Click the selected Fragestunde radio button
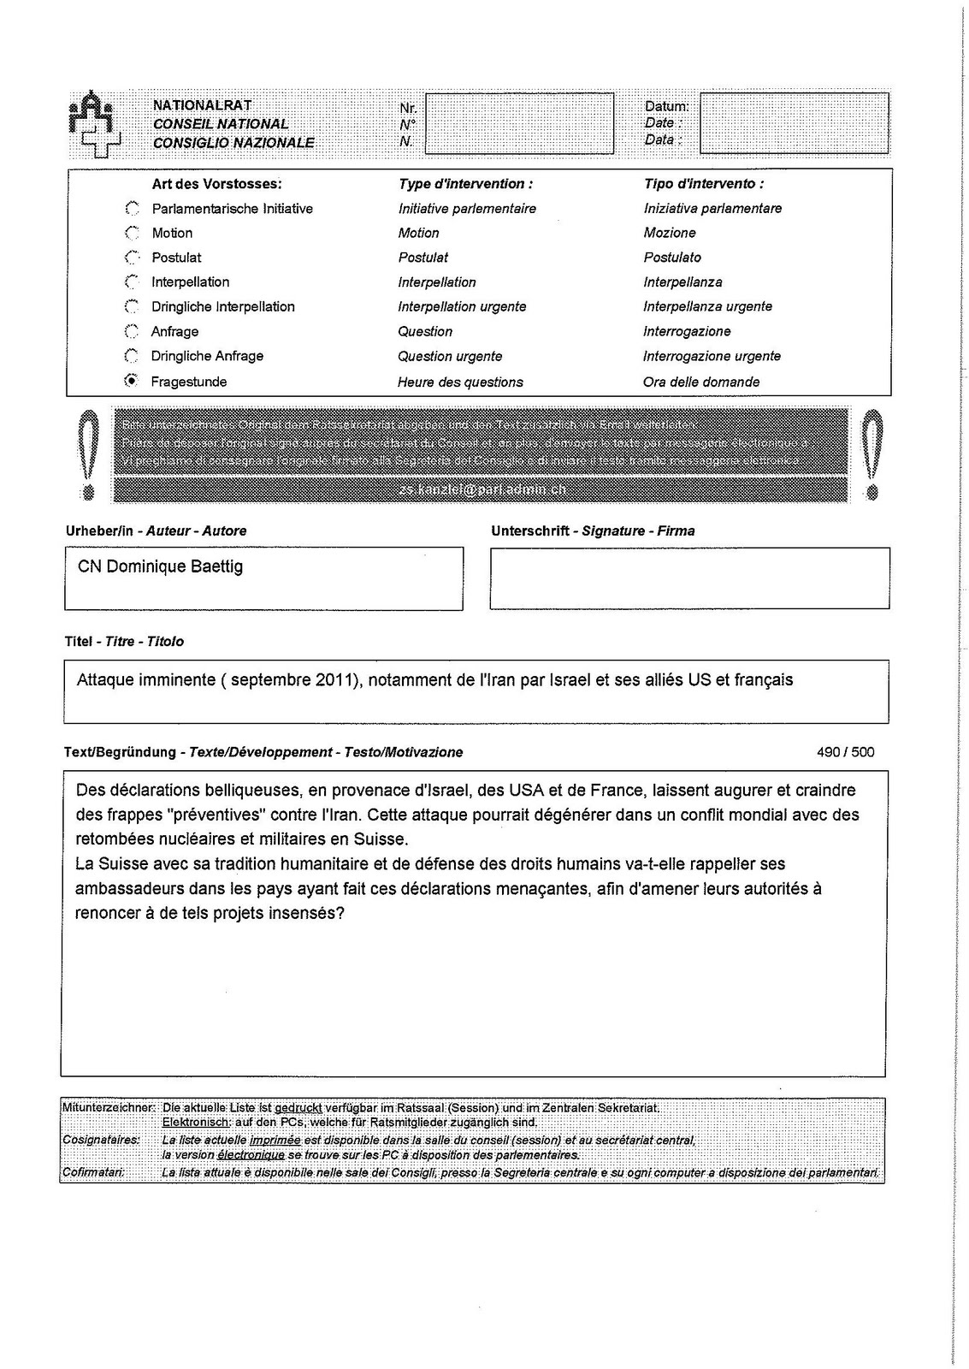(132, 381)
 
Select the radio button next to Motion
(132, 233)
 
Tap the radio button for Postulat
(132, 258)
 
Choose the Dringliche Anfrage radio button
(132, 356)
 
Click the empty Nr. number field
(519, 123)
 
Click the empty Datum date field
(794, 123)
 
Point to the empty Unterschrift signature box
(689, 578)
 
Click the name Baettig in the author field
(216, 566)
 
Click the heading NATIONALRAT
(203, 105)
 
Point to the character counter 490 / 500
(845, 752)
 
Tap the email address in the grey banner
(482, 489)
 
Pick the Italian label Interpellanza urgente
(707, 306)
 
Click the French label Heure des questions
(460, 382)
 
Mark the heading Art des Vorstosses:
(216, 184)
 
